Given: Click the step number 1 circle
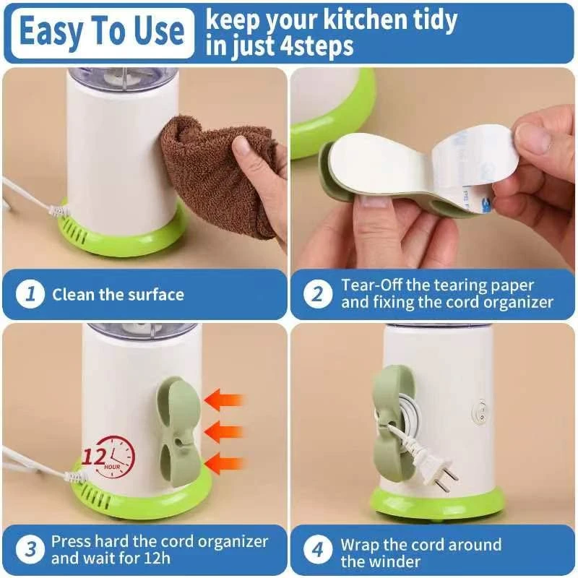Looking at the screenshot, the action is click(x=30, y=295).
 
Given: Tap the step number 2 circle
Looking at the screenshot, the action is click(x=318, y=295).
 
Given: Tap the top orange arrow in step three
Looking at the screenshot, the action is click(x=224, y=400).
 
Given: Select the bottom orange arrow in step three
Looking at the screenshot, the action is click(x=224, y=463).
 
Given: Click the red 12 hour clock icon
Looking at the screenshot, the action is click(x=109, y=457).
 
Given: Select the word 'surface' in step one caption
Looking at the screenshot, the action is click(x=156, y=295).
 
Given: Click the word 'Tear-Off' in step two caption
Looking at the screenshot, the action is click(x=371, y=285).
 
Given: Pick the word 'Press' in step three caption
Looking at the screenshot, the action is click(x=71, y=541).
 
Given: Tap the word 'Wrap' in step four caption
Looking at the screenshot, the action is click(x=359, y=545).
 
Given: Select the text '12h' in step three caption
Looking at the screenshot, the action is click(x=158, y=558).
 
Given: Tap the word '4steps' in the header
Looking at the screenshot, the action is click(x=316, y=46).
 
